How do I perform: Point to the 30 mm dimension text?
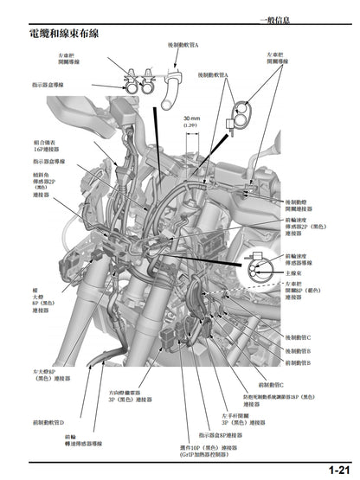point(190,119)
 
